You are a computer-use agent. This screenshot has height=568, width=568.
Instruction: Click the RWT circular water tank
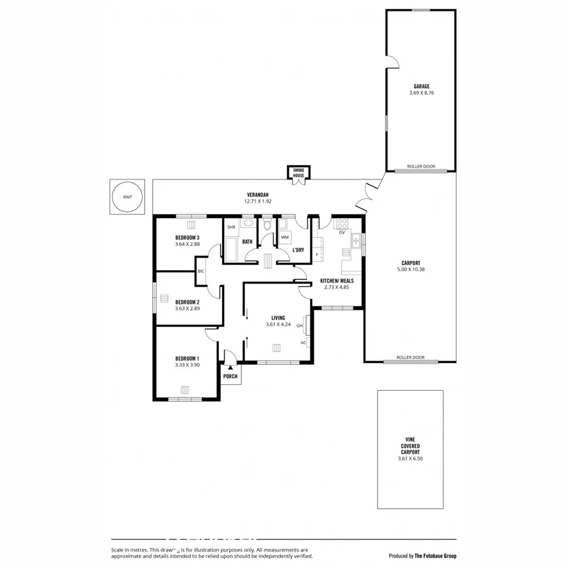pos(127,197)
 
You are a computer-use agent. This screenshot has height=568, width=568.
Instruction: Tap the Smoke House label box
pos(297,172)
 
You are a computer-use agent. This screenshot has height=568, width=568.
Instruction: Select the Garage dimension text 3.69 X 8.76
pos(421,93)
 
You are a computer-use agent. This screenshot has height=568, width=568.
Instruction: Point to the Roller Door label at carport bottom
pos(410,358)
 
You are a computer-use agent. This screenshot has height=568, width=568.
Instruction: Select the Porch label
pos(230,376)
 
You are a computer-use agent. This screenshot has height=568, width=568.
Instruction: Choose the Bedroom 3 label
pos(187,237)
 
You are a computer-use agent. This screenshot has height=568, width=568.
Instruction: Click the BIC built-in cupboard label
pos(201,271)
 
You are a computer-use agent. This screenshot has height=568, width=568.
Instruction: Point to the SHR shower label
pos(231,227)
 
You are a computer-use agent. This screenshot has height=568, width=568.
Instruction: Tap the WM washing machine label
pos(285,237)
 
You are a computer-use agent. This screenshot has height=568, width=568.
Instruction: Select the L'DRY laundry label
pos(299,250)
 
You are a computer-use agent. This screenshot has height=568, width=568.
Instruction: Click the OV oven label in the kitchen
pos(341,232)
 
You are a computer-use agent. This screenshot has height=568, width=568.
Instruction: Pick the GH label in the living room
pos(300,326)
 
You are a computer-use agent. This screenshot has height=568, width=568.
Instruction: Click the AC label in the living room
pos(303,343)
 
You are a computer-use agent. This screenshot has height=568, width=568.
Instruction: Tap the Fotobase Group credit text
pos(422,556)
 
